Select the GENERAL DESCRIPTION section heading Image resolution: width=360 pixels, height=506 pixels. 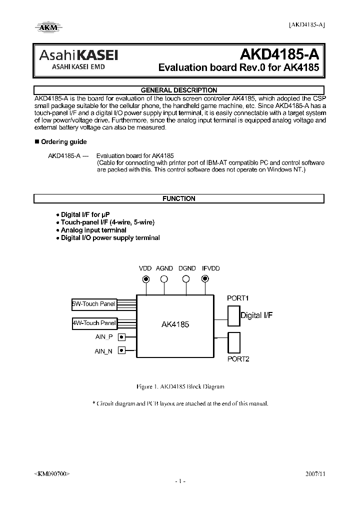click(179, 90)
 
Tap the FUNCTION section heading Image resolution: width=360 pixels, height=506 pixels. click(179, 198)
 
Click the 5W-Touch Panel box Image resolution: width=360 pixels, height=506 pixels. click(94, 303)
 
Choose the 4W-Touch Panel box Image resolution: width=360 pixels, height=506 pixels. click(94, 323)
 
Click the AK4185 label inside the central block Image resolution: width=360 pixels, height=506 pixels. click(175, 324)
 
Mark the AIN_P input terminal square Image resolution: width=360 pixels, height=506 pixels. click(121, 337)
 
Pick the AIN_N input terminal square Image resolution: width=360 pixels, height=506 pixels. click(121, 351)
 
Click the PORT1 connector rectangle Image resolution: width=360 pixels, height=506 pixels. click(233, 315)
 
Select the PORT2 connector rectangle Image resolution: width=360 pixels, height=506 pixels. click(233, 342)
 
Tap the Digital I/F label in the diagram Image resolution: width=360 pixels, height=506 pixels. click(256, 315)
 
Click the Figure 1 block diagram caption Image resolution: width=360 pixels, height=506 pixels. click(180, 386)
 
